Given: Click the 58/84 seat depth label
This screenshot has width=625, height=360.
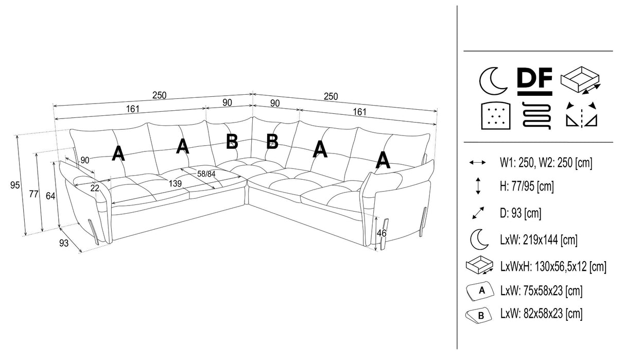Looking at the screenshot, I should [x=206, y=174].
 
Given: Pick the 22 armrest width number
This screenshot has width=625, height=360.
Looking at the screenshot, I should [x=94, y=188].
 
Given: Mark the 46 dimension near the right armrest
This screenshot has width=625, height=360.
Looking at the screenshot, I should [x=381, y=233].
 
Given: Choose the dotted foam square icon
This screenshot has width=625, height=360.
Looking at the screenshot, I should [x=494, y=114].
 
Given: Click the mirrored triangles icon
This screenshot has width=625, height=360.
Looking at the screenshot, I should [x=581, y=114].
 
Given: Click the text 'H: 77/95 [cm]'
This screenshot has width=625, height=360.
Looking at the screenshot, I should [x=527, y=186].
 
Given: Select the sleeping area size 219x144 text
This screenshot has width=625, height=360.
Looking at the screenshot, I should [x=538, y=239].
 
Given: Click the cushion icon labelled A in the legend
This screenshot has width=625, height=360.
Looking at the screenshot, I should [x=479, y=291].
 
